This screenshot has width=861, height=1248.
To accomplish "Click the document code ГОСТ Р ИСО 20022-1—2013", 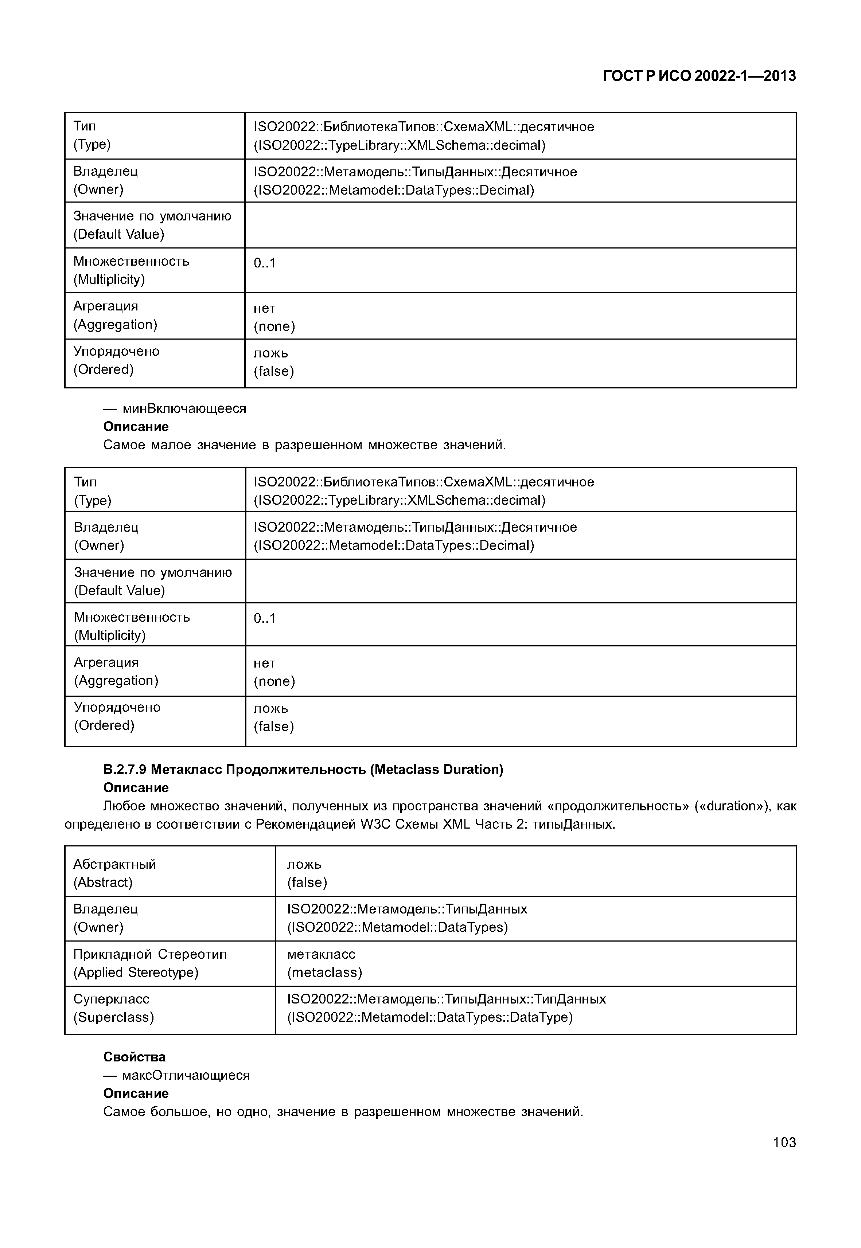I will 699,76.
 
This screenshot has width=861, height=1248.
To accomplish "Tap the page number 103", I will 784,1142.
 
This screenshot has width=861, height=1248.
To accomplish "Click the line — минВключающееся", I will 175,408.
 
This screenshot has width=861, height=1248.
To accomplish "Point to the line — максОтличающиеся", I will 176,1075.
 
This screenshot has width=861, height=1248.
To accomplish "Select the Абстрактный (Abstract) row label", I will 114,873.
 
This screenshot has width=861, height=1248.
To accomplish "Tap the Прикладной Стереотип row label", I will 149,963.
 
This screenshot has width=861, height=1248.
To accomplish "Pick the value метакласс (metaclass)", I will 324,963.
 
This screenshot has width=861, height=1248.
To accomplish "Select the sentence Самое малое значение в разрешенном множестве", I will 304,445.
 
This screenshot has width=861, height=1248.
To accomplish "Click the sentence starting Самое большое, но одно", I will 343,1112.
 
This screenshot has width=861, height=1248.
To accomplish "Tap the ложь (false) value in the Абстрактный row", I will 307,873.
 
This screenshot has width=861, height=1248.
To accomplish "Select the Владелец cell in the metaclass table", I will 105,918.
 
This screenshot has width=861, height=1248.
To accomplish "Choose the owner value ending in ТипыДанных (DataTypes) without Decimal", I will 407,918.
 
